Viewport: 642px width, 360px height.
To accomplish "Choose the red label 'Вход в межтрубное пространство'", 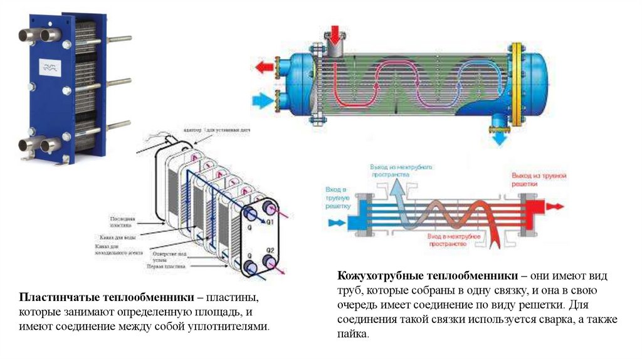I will coord(454,241).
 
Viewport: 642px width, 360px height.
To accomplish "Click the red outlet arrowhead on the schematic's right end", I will coord(556,206).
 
